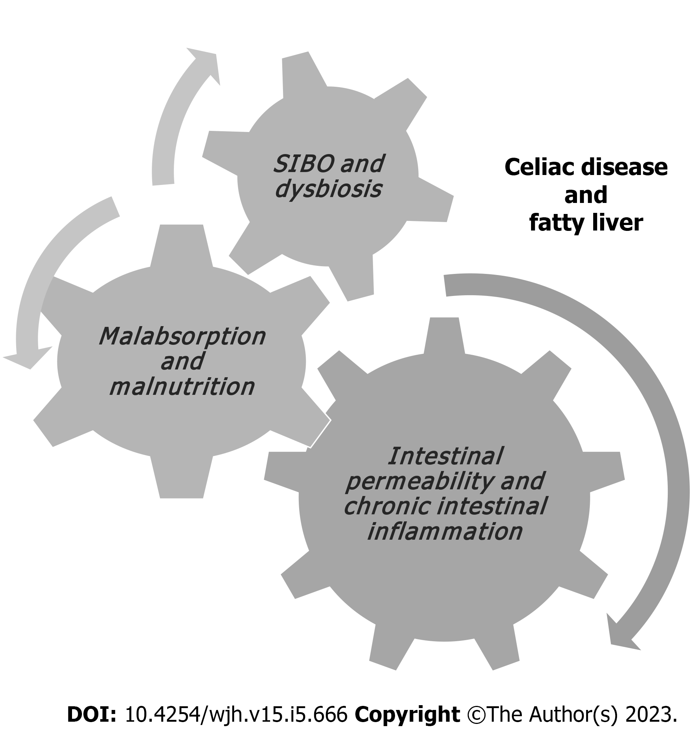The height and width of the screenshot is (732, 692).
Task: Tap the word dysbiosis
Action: point(328,190)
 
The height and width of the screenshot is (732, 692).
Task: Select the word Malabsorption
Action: point(182,337)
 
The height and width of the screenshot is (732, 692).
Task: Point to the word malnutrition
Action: point(182,387)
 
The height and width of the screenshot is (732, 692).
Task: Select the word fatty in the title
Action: point(560,224)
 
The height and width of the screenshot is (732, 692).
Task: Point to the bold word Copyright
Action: point(408,716)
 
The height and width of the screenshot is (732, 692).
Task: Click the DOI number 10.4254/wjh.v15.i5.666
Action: point(236,716)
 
